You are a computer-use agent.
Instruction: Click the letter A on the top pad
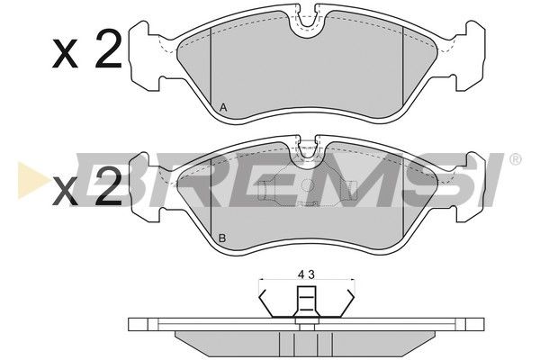pos(223,108)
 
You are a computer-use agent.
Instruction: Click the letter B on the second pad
pos(222,238)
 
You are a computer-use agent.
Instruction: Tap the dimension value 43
pos(306,274)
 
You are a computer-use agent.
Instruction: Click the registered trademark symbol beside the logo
pos(515,159)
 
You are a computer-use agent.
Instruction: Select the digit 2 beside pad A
pos(109,49)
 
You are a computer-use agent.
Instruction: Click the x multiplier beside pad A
pos(65,53)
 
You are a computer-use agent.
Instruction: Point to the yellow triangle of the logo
pos(31,180)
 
